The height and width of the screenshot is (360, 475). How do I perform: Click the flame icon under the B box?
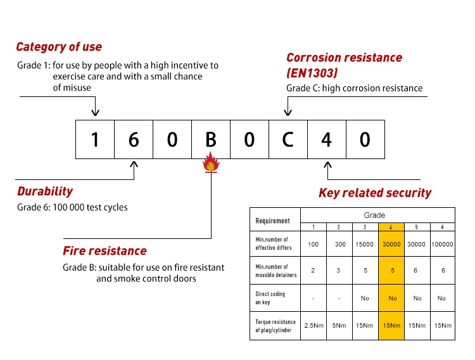tap(211, 162)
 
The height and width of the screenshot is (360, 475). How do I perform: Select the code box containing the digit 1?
tap(95, 139)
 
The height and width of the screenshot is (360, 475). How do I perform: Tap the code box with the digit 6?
tap(134, 139)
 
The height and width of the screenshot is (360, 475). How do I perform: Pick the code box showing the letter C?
tap(288, 139)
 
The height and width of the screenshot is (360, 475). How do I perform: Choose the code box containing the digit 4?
tap(327, 139)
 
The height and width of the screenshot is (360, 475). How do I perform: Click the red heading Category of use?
tap(59, 47)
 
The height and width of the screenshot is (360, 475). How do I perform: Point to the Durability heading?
tap(45, 191)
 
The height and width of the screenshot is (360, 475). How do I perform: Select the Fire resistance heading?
tap(104, 251)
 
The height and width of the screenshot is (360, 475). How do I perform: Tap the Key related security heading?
tap(375, 193)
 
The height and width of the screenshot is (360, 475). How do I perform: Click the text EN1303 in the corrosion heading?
tap(312, 73)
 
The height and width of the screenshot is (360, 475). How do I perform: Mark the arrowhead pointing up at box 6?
tap(134, 165)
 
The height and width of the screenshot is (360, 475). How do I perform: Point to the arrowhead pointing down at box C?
tap(288, 112)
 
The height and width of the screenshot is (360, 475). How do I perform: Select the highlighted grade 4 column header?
tap(391, 227)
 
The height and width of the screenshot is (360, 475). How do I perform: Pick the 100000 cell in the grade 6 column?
tap(443, 244)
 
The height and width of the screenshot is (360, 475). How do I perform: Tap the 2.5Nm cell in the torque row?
tap(313, 326)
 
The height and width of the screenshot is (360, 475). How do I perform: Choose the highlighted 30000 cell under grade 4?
tap(391, 244)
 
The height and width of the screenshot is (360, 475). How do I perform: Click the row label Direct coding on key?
tap(270, 298)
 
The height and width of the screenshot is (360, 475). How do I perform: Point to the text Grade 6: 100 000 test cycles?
tap(72, 207)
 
